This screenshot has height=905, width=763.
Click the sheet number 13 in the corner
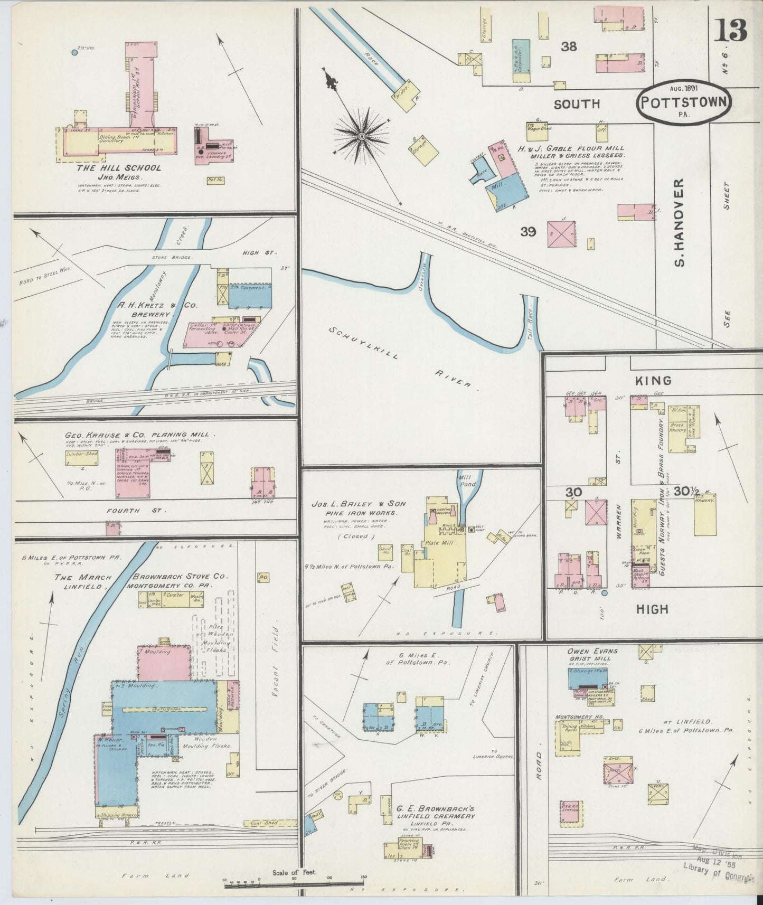point(730,30)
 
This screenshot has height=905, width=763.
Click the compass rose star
point(362,136)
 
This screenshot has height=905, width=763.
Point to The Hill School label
point(119,168)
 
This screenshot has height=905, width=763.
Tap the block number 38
point(569,46)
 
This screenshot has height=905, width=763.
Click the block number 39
point(528,231)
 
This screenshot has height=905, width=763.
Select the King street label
point(653,380)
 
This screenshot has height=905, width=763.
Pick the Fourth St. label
point(136,511)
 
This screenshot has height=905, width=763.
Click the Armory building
point(704,515)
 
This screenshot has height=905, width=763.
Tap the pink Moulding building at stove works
point(164,663)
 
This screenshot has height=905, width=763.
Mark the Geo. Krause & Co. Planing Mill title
point(140,435)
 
